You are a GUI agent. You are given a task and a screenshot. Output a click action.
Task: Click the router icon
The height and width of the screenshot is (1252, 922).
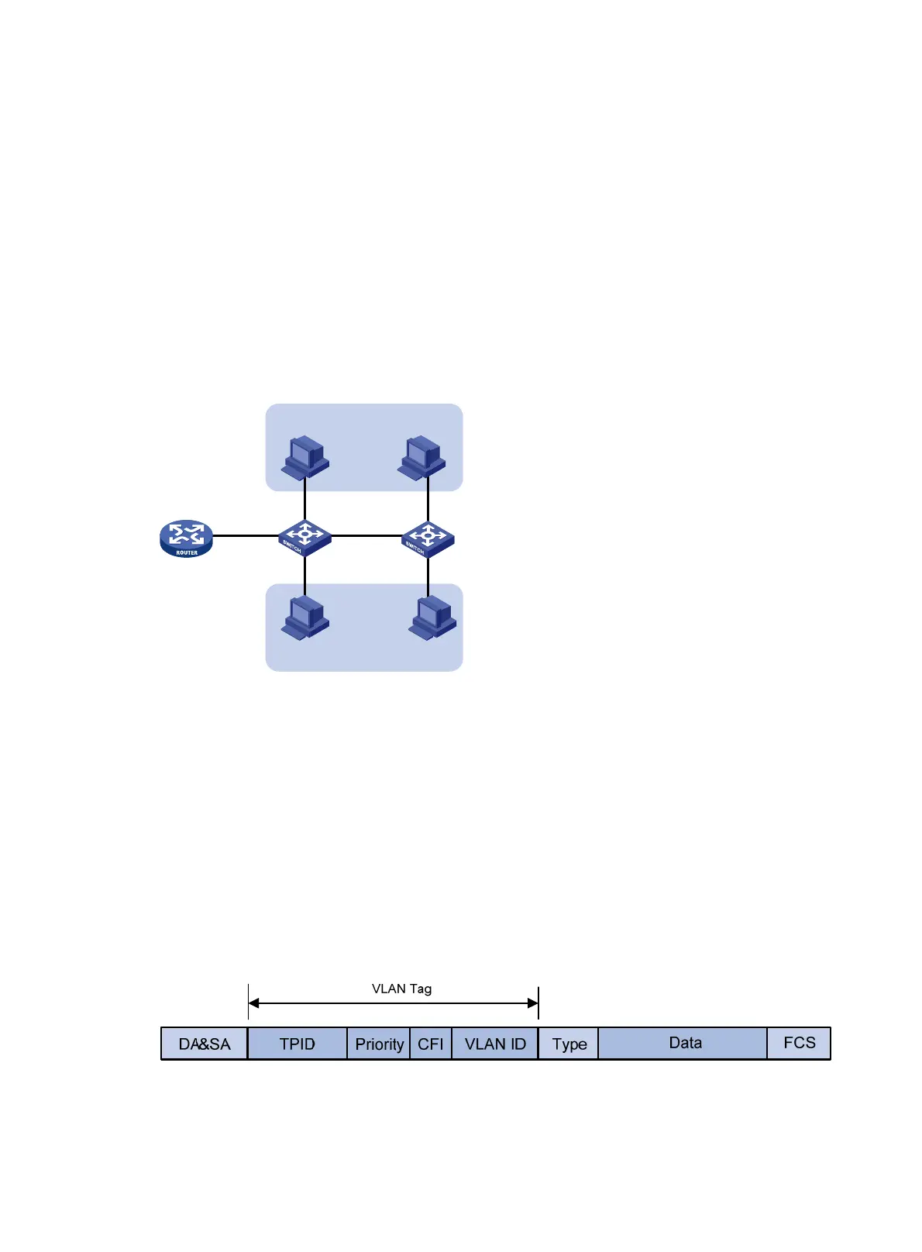point(186,538)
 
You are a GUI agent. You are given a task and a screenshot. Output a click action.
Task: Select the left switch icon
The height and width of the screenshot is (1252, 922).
point(304,537)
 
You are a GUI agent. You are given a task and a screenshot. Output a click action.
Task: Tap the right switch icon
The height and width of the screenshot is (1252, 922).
point(428,538)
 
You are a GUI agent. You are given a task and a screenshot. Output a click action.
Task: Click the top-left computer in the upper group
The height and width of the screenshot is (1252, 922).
point(305,457)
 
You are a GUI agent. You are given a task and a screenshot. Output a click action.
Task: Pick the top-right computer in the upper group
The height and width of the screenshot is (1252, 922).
point(422,457)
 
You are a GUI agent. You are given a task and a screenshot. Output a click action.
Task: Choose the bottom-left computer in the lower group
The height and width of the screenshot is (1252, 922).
point(305,618)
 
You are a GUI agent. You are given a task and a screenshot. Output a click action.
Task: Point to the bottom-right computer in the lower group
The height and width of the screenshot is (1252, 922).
point(432,618)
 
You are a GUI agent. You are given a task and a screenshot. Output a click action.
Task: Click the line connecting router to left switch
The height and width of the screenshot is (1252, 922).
point(245,535)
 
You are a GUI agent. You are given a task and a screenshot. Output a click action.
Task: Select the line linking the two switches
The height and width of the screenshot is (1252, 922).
point(366,535)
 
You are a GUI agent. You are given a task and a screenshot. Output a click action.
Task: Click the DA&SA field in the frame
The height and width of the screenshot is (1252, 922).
point(205,1044)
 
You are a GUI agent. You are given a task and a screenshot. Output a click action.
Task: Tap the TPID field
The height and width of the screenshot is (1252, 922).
point(298,1044)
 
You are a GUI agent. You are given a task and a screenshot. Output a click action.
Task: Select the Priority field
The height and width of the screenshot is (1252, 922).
point(379,1044)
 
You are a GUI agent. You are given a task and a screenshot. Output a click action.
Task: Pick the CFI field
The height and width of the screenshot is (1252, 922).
point(431,1044)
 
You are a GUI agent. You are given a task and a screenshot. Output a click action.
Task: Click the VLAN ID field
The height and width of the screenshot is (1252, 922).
point(495,1044)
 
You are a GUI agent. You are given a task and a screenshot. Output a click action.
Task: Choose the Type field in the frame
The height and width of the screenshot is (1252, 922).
point(569,1044)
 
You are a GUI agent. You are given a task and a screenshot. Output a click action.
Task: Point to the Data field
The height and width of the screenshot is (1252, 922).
point(684,1043)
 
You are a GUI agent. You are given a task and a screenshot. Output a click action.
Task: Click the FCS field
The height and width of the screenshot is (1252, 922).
point(799,1043)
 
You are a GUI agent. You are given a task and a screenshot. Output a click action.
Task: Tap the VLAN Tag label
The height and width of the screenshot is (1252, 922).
point(401,989)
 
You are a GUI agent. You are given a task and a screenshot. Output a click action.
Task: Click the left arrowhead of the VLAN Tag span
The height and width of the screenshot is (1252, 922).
point(253,1003)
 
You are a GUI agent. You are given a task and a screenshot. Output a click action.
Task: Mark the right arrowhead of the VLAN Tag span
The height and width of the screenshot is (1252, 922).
point(533,1003)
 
